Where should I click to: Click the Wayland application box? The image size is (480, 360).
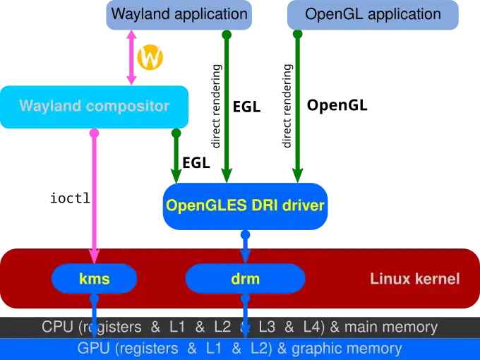click(x=179, y=14)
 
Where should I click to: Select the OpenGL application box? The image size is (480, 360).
click(x=372, y=14)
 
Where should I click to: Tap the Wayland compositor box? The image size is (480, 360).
click(x=95, y=107)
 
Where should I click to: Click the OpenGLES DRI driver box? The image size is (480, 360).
click(x=245, y=206)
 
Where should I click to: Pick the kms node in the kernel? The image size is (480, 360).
click(x=94, y=279)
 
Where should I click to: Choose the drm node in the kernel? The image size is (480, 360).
click(x=245, y=279)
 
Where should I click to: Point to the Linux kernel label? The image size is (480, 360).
click(x=414, y=279)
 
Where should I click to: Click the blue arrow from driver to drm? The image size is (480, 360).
click(x=245, y=245)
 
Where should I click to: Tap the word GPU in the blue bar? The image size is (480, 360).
click(x=92, y=349)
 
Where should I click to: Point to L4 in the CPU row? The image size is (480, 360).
click(x=311, y=328)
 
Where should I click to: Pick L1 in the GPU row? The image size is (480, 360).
click(x=215, y=349)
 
